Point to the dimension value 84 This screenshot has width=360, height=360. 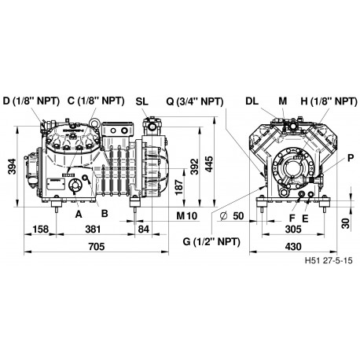click(144, 229)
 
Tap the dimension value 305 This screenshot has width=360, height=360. click(291, 229)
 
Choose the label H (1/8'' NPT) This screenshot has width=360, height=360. click(326, 101)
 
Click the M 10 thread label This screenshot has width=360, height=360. click(186, 214)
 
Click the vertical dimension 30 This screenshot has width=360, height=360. click(346, 222)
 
